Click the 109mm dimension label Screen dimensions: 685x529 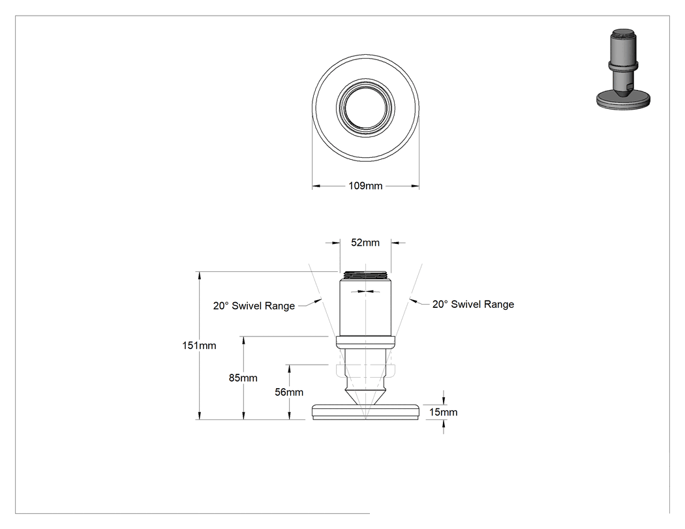pos(365,186)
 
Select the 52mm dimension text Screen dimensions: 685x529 pos(365,243)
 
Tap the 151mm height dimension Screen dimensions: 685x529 pos(199,346)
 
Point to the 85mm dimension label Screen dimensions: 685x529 pos(243,378)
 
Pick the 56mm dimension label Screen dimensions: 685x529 pos(289,392)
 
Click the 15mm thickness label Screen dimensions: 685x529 pos(443,412)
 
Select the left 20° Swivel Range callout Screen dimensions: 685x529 pos(254,306)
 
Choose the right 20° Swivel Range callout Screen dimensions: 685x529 pos(473,304)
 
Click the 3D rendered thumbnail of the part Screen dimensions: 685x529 pos(623,69)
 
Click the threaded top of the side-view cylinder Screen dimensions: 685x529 pos(365,275)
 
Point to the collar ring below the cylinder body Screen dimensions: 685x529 pos(365,342)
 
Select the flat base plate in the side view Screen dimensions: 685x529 pos(365,412)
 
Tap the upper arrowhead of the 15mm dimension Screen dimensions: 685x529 pos(444,400)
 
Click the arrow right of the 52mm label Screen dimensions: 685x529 pos(398,243)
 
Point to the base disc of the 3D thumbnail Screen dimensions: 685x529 pos(623,100)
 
